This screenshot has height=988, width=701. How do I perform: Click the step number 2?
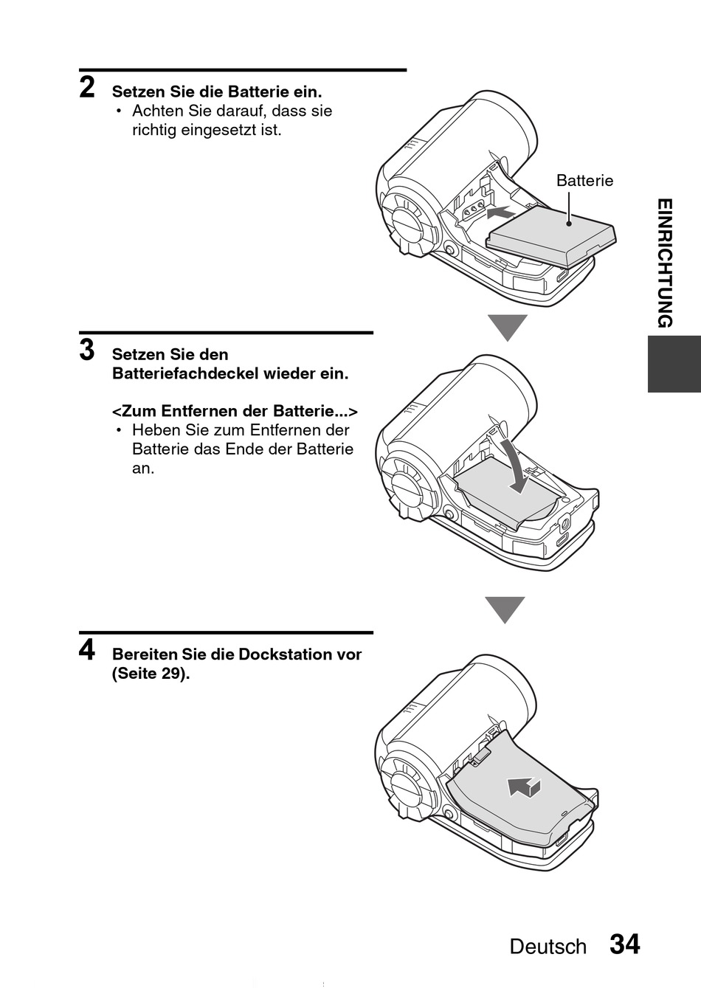point(87,88)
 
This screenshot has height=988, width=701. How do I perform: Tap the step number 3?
point(87,350)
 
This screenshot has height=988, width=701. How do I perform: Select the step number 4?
point(87,650)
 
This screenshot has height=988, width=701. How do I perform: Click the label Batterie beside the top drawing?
point(584,181)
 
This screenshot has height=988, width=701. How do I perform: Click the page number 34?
point(624,944)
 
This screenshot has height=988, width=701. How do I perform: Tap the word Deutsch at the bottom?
point(548,947)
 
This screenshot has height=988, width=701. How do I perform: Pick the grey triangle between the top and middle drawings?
point(507,327)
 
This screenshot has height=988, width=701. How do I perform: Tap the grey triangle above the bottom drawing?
point(505,609)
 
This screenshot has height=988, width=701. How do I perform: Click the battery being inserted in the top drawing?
point(552,235)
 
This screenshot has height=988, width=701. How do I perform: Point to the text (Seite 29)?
point(151,674)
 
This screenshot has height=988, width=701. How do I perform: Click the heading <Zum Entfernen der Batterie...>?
point(235,411)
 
